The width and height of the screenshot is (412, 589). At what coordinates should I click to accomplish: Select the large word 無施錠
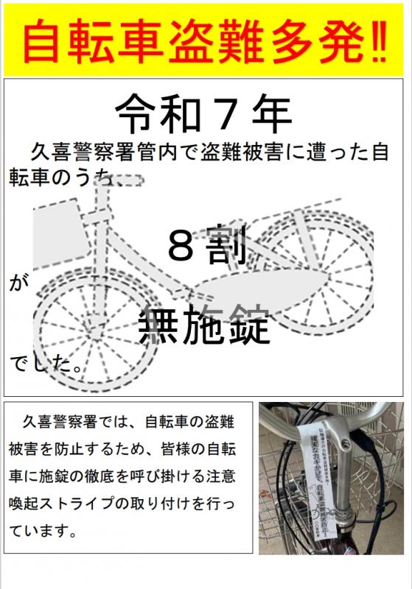tap(205, 324)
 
